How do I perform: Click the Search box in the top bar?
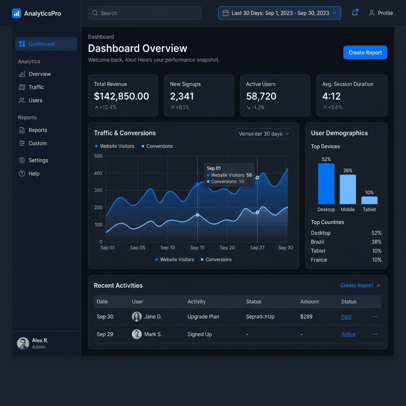(145, 13)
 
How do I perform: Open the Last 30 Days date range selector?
(279, 13)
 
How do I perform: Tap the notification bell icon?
(355, 13)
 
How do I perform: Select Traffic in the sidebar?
(36, 87)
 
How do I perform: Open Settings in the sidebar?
(38, 160)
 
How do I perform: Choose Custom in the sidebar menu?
(37, 143)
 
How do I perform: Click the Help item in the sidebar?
(34, 173)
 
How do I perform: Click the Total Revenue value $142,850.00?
(121, 96)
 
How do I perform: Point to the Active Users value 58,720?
(261, 96)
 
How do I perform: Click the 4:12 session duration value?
(331, 96)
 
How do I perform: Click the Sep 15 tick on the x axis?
(197, 248)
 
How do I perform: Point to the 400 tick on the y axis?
(98, 173)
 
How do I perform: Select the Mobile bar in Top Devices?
(348, 189)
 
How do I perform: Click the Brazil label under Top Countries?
(318, 242)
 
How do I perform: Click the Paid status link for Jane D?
(346, 317)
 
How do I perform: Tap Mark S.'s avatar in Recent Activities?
(136, 334)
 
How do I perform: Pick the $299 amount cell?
(306, 317)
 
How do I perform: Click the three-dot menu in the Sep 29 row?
(375, 334)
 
